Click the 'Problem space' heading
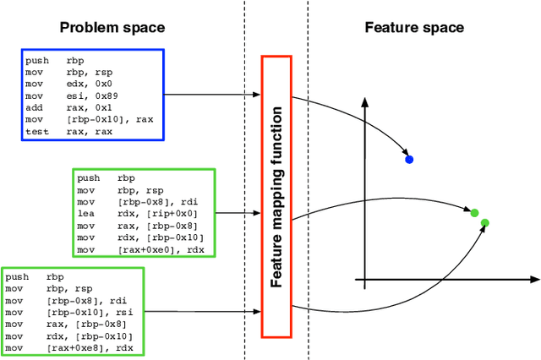pos(112,28)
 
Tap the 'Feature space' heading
pos(414,28)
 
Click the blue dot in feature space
pos(409,159)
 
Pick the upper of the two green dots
pos(474,213)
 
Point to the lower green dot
pos(484,223)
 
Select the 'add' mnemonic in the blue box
pos(33,107)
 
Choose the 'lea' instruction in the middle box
pos(85,215)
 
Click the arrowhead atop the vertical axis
pos(364,103)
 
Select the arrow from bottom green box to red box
pos(203,309)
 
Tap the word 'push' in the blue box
pos(36,61)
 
